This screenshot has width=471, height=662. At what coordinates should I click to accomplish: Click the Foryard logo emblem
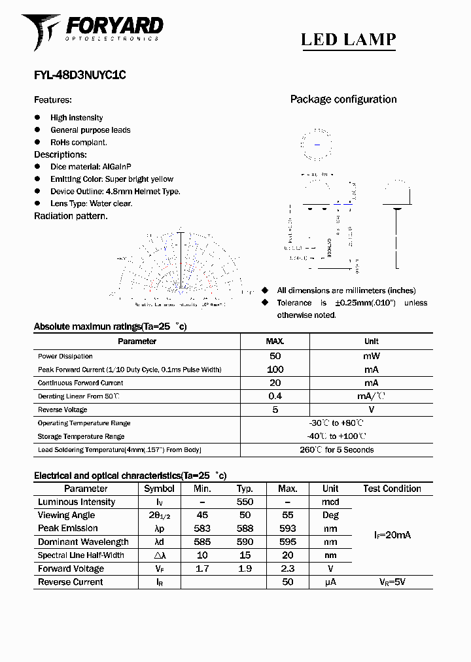(41, 30)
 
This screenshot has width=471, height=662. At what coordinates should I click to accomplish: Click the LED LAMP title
(348, 39)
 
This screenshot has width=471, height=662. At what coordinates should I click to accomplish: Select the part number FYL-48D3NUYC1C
(79, 75)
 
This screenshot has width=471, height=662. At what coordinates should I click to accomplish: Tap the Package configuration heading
(343, 99)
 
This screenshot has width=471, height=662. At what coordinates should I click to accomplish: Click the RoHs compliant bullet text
(78, 142)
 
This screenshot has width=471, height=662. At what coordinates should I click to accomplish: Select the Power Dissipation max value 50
(275, 356)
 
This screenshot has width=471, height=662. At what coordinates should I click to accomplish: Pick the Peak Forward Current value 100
(275, 370)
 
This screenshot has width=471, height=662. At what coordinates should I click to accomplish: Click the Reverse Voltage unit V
(371, 409)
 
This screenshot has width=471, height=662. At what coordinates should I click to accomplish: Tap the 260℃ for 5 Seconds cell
(336, 449)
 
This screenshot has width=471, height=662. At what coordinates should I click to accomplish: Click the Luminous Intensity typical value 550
(245, 502)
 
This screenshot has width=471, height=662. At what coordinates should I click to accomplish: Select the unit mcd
(330, 502)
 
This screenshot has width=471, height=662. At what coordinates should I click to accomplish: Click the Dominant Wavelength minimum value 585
(202, 542)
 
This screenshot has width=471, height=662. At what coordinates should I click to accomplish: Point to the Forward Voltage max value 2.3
(287, 568)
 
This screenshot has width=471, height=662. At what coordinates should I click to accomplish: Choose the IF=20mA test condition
(392, 535)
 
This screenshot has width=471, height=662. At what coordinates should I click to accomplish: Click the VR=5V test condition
(392, 582)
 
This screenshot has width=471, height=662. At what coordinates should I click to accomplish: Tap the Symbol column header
(159, 489)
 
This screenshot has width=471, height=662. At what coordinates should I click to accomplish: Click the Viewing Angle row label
(66, 515)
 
